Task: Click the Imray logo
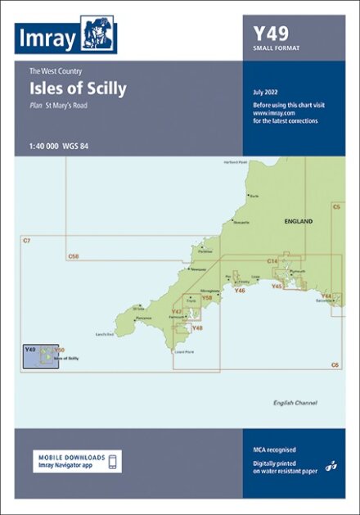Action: point(65,38)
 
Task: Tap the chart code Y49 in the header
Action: point(268,34)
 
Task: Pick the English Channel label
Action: point(295,403)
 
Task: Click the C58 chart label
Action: point(74,256)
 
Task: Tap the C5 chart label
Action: point(335,207)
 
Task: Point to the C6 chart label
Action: point(335,364)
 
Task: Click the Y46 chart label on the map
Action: point(240,291)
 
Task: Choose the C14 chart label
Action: point(272,261)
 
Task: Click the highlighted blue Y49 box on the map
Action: point(38,356)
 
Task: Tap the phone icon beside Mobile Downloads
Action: point(113,461)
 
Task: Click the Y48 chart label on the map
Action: point(196,328)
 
